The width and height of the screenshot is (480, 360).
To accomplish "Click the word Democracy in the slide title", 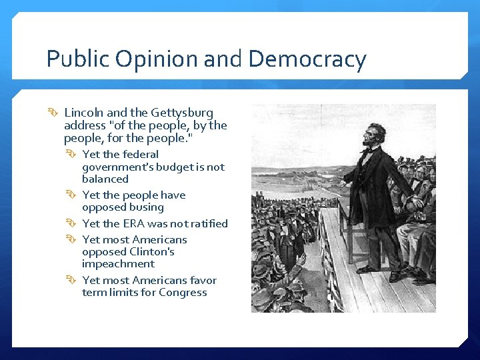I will pos(307,60).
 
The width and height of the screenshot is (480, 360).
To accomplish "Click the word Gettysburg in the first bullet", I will pos(182,113).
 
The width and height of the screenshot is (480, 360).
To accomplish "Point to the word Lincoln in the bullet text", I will pos(83,113).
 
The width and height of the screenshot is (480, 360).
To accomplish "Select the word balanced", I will pos(105,179).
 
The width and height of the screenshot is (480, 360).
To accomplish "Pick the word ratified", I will pos(207,223).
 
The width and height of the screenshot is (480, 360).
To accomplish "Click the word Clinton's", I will pos(152,252).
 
